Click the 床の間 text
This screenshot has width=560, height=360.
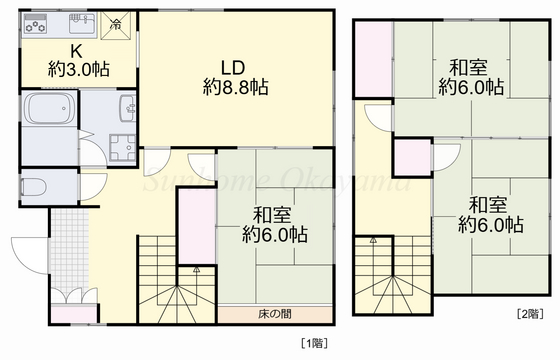(274, 314)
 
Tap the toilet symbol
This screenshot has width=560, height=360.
(35, 186)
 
